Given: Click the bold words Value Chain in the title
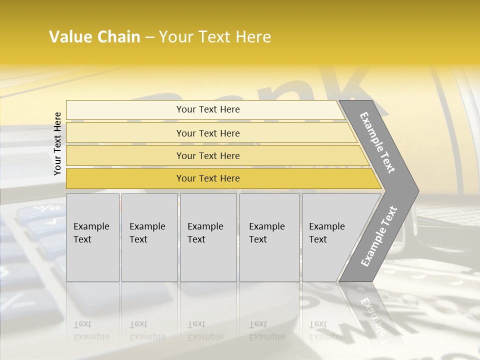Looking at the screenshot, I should coord(94,37).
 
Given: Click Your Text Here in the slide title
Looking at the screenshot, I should coord(215,37).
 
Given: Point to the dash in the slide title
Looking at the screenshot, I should coord(149,37).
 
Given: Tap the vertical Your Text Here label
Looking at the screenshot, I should coord(57,143).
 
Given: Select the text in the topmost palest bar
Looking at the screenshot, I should coord(208,109).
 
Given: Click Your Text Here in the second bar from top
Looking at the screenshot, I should coord(208,133).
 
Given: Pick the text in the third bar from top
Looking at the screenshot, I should coord(208,156).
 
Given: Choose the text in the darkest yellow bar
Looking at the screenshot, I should coord(208,178).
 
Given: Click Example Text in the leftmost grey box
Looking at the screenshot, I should coord(91,233).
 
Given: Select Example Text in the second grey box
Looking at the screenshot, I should coord(147,233).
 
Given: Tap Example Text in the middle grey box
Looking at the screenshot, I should coord(205,233).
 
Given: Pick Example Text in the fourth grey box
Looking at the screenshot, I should coord(266,233).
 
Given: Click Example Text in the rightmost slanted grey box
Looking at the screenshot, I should coord(326,233).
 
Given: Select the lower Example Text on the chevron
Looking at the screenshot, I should coord(379,236).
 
